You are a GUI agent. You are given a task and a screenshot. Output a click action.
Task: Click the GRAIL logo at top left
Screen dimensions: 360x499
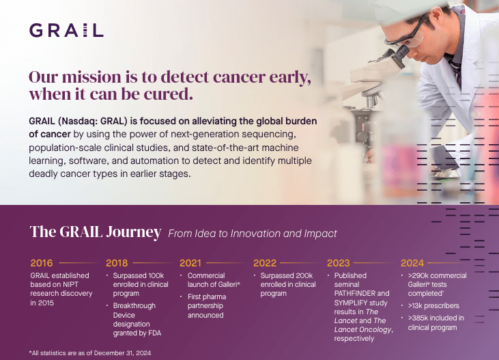66,30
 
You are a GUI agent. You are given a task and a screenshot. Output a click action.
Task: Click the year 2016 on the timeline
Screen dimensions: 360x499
42,263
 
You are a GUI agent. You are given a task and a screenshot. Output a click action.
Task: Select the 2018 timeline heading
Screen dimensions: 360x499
117,263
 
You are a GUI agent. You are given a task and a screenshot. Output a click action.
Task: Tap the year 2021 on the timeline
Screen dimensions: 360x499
190,263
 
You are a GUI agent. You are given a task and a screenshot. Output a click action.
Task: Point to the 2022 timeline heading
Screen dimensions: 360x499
264,263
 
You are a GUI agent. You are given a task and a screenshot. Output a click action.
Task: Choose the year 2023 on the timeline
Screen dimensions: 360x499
339,263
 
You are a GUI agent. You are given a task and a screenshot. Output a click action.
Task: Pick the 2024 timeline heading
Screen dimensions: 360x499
412,263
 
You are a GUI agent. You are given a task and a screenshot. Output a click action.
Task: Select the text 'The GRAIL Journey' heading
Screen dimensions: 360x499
96,232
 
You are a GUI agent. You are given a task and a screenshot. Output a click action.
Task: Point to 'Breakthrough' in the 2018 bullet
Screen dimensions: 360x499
134,305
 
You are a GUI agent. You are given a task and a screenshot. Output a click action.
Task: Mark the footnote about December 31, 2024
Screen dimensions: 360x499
90,352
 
